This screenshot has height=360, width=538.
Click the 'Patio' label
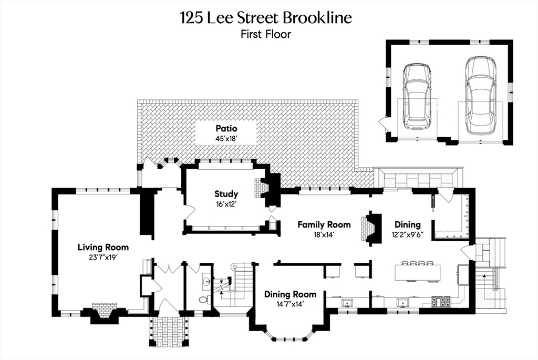click(x=226, y=128)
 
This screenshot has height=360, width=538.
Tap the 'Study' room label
click(x=226, y=194)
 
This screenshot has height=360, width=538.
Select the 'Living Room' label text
click(x=103, y=247)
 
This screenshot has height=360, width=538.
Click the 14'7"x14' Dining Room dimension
click(x=290, y=304)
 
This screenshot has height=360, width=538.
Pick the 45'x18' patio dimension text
click(x=226, y=139)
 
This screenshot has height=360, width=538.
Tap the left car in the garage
click(x=417, y=97)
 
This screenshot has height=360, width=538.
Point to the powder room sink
click(x=206, y=282)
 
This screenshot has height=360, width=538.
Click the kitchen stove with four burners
click(x=440, y=302)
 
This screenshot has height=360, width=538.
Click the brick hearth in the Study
click(x=257, y=187)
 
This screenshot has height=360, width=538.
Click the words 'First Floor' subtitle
click(x=265, y=35)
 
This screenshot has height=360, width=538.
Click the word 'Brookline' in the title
click(x=317, y=17)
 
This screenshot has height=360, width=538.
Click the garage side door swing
click(x=382, y=124)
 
